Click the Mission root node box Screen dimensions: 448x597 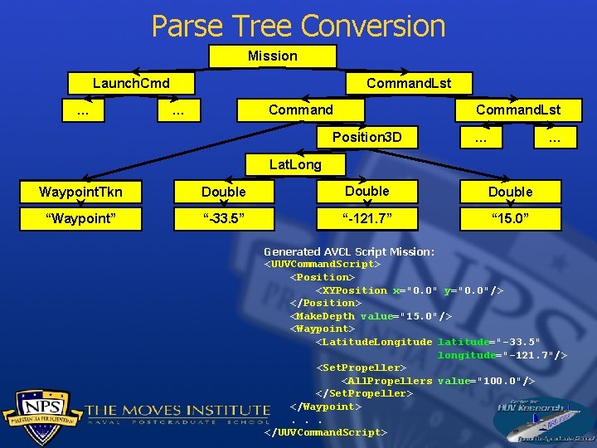[x=272, y=56]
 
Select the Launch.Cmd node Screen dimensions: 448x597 [x=131, y=84]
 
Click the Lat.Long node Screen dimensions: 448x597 [x=295, y=164]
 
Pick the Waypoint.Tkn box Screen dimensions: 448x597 [x=80, y=192]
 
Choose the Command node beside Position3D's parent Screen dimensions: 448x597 [x=300, y=110]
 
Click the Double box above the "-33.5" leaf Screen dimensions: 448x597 [x=224, y=192]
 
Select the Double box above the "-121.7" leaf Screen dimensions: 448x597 [x=366, y=192]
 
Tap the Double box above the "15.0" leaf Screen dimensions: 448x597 [x=510, y=192]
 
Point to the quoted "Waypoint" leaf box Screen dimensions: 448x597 [x=80, y=219]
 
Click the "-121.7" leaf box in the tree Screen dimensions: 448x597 [x=366, y=219]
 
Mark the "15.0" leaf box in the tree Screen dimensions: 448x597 [x=510, y=219]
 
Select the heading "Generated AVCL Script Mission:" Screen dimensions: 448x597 [x=348, y=251]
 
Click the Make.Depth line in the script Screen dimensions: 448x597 [x=371, y=316]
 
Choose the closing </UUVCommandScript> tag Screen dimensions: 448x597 [x=325, y=432]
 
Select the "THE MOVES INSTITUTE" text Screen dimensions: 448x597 [x=177, y=409]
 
